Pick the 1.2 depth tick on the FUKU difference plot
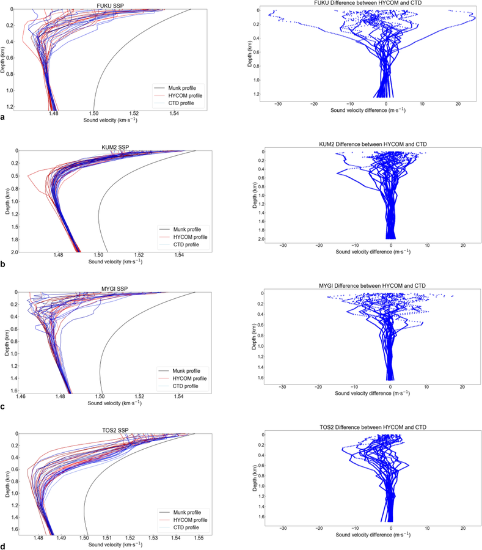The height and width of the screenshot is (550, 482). (x=259, y=94)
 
